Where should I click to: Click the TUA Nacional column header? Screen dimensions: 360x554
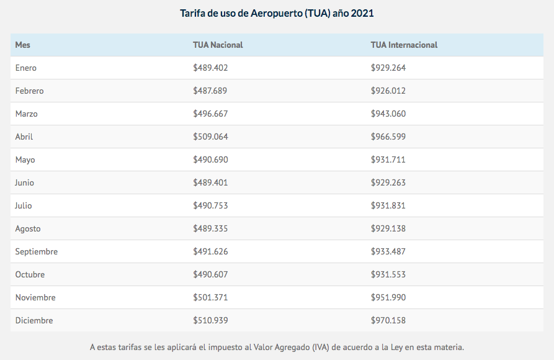tap(218, 45)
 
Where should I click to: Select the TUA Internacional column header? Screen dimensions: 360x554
tap(404, 45)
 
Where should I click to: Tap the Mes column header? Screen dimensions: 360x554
tap(23, 45)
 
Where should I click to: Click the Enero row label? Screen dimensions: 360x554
tap(26, 68)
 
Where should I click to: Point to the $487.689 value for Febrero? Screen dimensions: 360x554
tap(210, 91)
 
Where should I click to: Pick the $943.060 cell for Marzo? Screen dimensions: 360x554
tap(388, 114)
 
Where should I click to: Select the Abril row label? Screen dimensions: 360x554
tap(24, 137)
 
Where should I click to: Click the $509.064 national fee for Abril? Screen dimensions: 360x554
tap(210, 137)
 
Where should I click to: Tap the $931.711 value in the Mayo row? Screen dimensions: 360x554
tap(388, 160)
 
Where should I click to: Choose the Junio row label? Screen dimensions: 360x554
tap(25, 182)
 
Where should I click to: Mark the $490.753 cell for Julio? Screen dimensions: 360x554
tap(210, 205)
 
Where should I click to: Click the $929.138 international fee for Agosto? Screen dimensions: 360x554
tap(388, 228)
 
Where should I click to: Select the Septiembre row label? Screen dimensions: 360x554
tap(37, 251)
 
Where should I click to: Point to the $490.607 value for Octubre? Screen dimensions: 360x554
tap(210, 274)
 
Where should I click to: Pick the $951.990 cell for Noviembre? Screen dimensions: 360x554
tap(388, 297)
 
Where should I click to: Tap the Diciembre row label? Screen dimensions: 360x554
tap(34, 320)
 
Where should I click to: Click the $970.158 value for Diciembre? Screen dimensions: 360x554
tap(388, 320)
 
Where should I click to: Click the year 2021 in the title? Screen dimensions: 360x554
tap(362, 13)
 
